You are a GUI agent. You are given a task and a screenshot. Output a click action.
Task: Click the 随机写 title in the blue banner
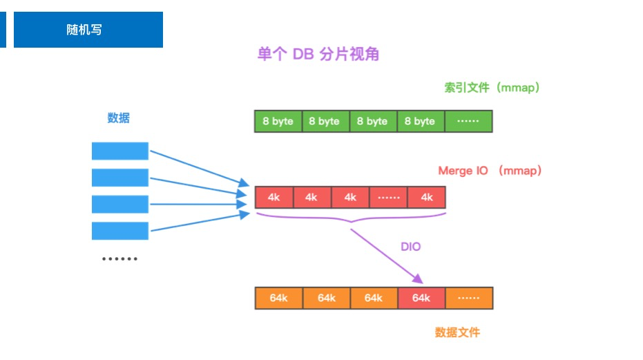coord(85,30)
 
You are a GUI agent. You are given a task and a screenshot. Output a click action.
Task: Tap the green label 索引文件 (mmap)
coord(492,88)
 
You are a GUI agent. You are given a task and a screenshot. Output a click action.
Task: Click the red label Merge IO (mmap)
coord(490,171)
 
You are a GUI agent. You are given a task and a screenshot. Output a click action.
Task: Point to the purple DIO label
coord(410,247)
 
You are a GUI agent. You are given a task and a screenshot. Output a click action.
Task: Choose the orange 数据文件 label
coord(457,332)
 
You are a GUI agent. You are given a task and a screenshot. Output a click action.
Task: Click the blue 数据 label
coord(118,118)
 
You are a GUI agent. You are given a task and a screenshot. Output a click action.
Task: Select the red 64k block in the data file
coord(421,298)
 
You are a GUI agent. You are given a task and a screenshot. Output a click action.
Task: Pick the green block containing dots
coord(468,121)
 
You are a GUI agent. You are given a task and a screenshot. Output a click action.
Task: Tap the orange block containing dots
coord(468,298)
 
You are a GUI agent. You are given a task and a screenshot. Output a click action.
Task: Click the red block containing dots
coord(389,198)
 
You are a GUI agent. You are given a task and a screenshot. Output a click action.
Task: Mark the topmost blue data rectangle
coord(120,151)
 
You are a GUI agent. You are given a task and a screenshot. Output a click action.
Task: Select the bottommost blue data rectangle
coord(120,231)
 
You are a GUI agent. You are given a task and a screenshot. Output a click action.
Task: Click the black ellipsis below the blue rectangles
coord(120,259)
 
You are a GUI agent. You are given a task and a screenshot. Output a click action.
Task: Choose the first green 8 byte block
coord(278,121)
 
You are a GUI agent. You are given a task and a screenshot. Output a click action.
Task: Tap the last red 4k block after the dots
coord(427,198)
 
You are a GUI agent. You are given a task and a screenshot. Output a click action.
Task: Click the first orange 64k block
coord(279,298)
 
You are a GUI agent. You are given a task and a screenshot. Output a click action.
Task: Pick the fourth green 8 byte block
coord(420,121)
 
